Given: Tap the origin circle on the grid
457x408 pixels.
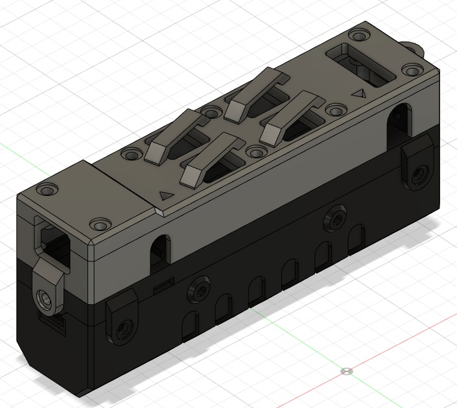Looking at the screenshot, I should point(347,372).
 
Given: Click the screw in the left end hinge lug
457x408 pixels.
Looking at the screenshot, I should point(45,299).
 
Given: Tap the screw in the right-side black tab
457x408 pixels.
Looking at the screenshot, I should point(421,173).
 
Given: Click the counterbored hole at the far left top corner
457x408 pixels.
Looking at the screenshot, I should point(46,191).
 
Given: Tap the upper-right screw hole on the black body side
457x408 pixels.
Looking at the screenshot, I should point(335,221).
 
